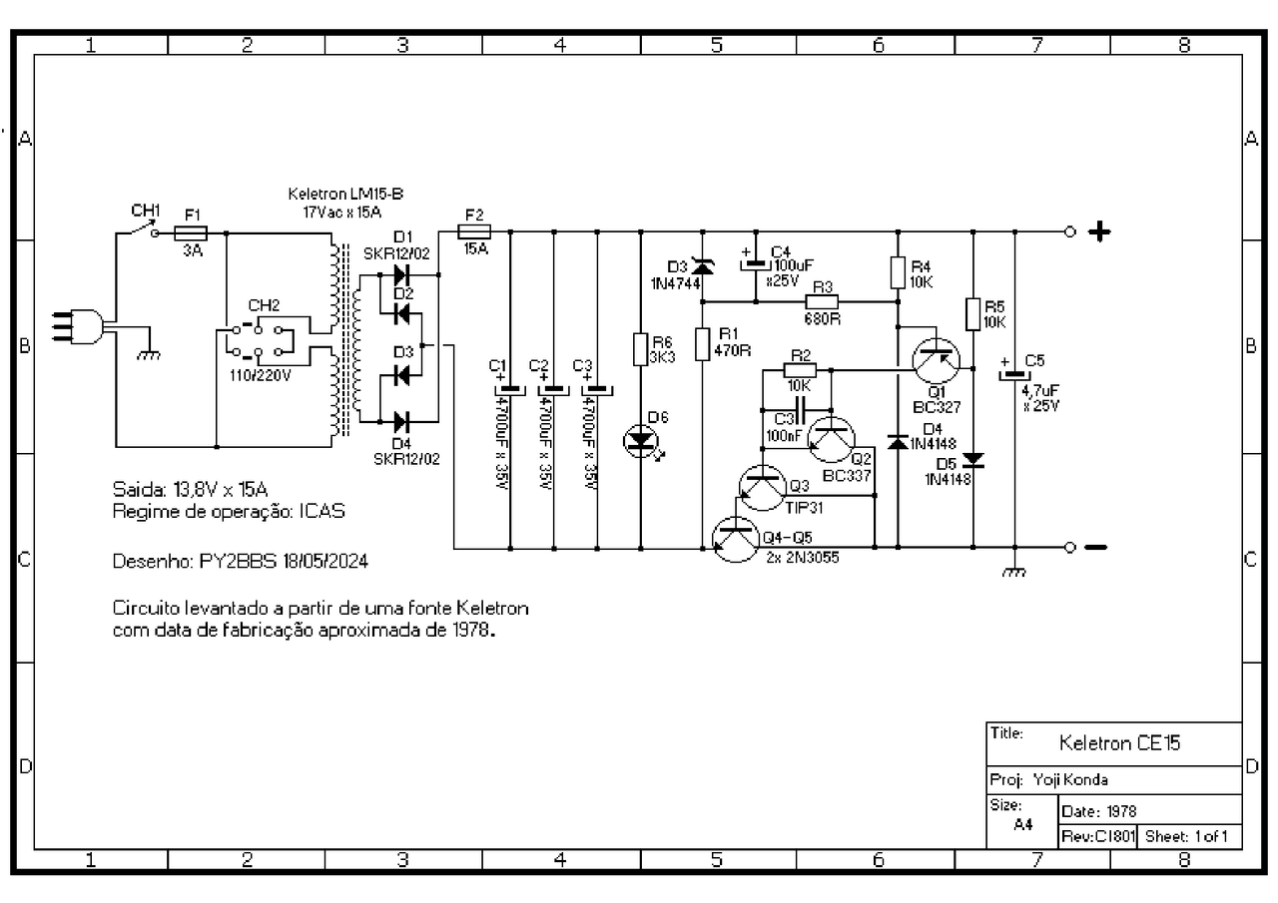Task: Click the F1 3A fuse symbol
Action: pos(191,232)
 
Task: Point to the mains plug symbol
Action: pos(82,327)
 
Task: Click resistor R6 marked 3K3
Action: pos(641,349)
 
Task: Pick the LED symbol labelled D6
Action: pos(641,439)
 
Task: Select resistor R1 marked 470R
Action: pos(702,343)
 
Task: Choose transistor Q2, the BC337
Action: pos(831,437)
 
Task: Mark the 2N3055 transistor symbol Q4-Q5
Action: pos(737,539)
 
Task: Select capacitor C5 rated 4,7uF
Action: pos(1014,375)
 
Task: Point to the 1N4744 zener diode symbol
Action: pos(702,266)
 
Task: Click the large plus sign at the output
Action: pos(1099,232)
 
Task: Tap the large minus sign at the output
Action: pos(1095,548)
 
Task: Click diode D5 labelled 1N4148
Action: pos(972,460)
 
